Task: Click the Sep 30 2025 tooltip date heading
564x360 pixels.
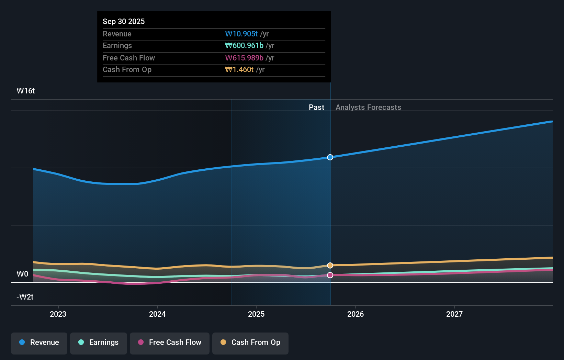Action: tap(124, 21)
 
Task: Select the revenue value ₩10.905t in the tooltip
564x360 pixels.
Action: tap(241, 34)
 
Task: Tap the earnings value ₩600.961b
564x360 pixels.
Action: tap(244, 45)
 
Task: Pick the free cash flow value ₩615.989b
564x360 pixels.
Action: tap(244, 58)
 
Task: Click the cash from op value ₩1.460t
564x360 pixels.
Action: tap(239, 69)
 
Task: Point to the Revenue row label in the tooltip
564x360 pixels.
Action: tap(117, 34)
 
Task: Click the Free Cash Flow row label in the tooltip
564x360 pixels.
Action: tap(128, 58)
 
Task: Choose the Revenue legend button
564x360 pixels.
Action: tap(39, 342)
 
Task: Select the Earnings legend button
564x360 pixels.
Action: tap(99, 342)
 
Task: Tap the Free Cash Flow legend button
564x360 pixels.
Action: tap(170, 342)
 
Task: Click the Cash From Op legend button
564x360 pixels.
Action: tap(250, 342)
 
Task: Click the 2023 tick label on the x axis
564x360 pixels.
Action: tap(58, 314)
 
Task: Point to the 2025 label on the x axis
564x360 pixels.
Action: tap(256, 314)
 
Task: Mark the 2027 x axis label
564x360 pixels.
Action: tap(454, 314)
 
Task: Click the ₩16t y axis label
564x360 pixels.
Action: tap(26, 91)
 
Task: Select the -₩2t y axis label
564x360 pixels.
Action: tap(25, 297)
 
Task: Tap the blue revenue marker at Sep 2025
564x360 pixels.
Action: tap(330, 157)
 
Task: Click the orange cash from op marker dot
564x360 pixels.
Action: tap(330, 265)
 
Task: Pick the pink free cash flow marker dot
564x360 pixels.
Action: tap(330, 275)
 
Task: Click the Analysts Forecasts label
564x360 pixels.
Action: tap(368, 107)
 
